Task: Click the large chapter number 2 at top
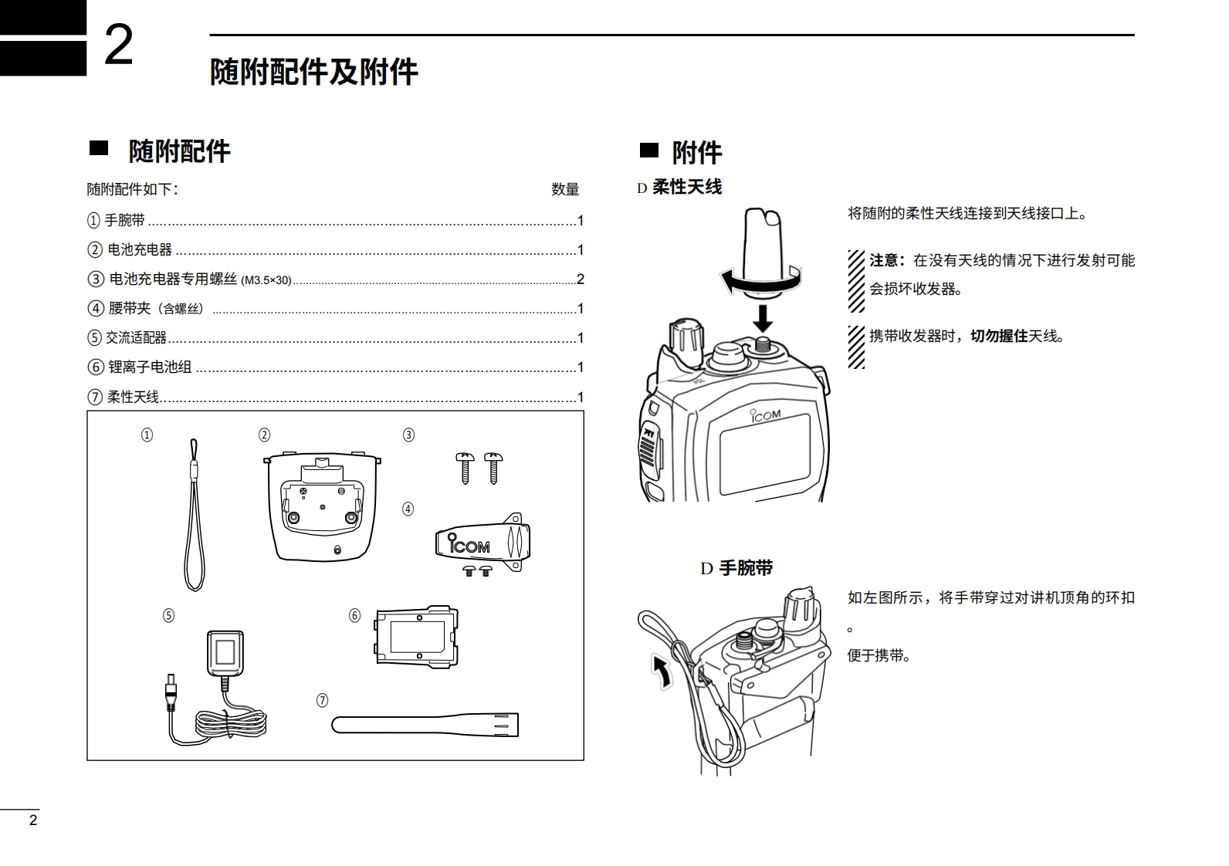click(x=118, y=46)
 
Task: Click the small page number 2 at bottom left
click(x=32, y=820)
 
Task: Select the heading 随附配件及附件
click(x=313, y=72)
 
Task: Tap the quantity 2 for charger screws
click(x=581, y=279)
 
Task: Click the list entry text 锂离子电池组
click(x=150, y=367)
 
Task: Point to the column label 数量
click(x=565, y=189)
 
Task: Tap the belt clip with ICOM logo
click(x=482, y=542)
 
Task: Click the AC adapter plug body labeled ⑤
click(x=225, y=654)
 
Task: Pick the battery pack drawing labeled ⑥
click(x=416, y=638)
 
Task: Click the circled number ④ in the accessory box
click(x=408, y=509)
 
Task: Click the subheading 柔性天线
click(x=687, y=187)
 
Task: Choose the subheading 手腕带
click(x=746, y=569)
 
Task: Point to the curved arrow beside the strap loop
click(x=661, y=670)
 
